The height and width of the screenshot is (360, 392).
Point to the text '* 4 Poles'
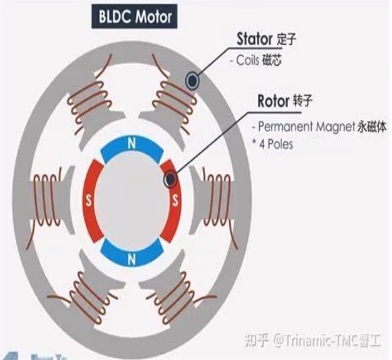click(273, 144)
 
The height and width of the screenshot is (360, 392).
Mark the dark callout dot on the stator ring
click(193, 79)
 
